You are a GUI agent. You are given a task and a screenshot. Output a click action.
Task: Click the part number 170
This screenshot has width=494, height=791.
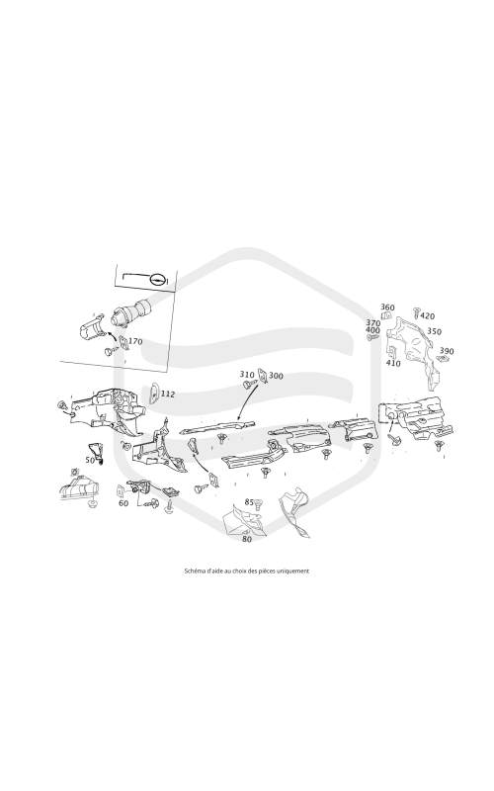pos(135,341)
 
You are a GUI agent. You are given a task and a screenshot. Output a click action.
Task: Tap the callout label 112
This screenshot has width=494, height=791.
pos(167,394)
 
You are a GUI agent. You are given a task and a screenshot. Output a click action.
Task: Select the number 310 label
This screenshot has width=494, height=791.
pos(247,375)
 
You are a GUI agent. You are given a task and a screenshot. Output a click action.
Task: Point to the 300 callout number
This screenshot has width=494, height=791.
pos(276,376)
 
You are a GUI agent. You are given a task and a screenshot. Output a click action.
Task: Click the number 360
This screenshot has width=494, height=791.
pos(387,308)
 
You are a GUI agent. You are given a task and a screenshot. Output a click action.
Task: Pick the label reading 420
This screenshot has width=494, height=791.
pos(427,316)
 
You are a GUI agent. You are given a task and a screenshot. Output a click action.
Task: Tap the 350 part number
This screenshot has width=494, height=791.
pos(434,331)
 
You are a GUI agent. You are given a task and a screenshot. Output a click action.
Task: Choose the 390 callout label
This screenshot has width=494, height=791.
pos(447,351)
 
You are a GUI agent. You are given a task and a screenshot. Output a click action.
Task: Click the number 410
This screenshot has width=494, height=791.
pos(393,363)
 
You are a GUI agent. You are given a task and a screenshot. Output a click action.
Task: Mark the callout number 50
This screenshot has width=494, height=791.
pos(90,460)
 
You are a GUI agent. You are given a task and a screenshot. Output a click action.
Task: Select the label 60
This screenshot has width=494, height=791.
pos(123,503)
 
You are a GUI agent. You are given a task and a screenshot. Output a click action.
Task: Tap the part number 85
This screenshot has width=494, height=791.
pos(249,502)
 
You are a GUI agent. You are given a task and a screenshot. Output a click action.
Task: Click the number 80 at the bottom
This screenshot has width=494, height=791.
pos(247,539)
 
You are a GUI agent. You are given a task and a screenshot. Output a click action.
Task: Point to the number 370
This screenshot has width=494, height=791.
pos(373,323)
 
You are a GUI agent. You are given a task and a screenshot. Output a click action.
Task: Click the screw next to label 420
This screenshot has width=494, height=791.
pos(416,312)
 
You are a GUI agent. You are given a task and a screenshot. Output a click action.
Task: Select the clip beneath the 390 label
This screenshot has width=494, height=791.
pos(442,359)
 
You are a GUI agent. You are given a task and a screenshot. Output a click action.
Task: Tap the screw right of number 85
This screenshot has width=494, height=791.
pos(259,503)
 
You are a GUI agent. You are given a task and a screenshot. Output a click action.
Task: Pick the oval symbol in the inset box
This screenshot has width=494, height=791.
pos(158,280)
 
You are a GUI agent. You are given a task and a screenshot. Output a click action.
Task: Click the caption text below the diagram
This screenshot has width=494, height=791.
pos(247,571)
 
